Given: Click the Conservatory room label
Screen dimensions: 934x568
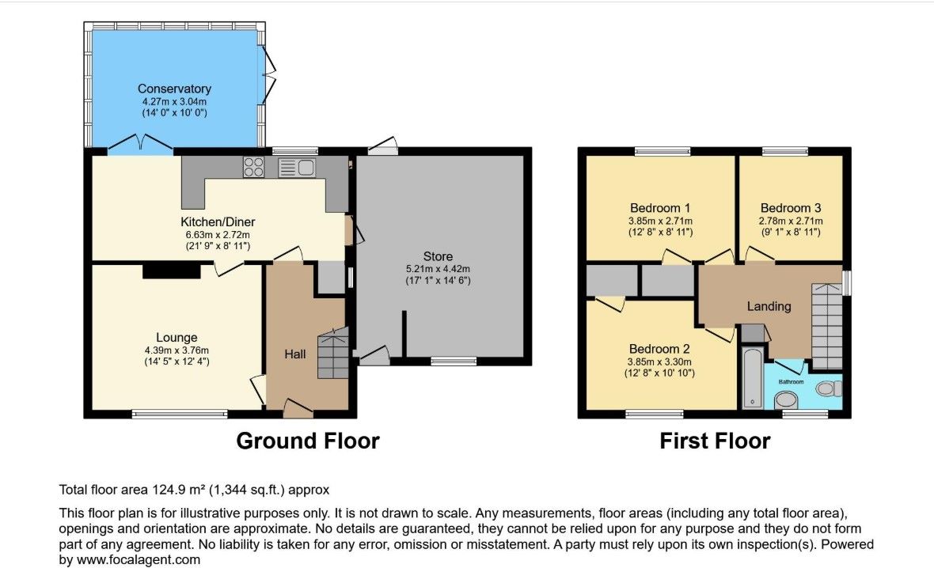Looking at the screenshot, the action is coord(174,89).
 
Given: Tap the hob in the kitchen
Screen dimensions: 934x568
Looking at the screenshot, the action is coord(254,167).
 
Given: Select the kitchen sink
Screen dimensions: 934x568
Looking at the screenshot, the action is coord(297,167).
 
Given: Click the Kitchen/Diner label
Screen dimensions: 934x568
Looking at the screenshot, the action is coord(218,222).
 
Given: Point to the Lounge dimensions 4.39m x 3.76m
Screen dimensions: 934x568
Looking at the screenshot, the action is coord(177,350).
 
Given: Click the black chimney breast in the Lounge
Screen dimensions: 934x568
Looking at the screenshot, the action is coord(171,271).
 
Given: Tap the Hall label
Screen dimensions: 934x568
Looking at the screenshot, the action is coord(295,354).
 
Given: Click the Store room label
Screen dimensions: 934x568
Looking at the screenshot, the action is coord(438,256).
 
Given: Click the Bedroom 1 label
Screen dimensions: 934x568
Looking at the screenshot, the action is coord(660,208).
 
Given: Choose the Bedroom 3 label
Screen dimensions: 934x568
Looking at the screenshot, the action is coord(791,208).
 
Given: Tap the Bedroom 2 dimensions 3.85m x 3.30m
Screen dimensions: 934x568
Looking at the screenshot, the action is coord(659,362).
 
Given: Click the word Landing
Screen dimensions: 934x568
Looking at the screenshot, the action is coord(769,307).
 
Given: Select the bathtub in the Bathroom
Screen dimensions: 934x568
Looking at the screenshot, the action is coord(752,378).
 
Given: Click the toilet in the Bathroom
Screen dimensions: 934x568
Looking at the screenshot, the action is coord(829,388).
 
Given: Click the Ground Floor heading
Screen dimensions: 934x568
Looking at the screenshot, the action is coord(307,441).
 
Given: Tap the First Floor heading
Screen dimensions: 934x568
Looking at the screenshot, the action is coord(715,441).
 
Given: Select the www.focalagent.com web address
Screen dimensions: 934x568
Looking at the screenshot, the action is coord(139,559).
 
